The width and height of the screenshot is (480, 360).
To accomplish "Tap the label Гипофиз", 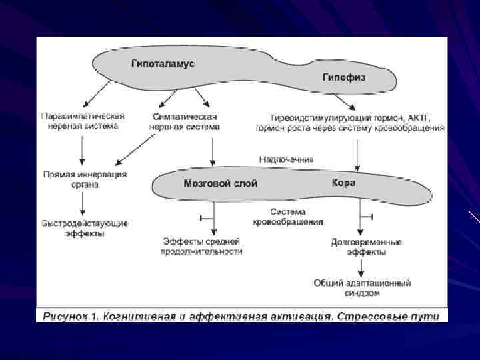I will pyautogui.click(x=343, y=77).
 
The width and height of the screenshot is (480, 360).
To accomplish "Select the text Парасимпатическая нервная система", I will pyautogui.click(x=83, y=121).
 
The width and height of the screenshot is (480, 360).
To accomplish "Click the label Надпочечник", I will pyautogui.click(x=286, y=160).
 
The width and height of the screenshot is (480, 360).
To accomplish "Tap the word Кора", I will pyautogui.click(x=343, y=182).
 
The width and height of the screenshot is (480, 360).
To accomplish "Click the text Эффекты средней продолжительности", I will pyautogui.click(x=202, y=246).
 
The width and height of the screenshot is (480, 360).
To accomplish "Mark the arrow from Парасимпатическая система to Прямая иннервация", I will pyautogui.click(x=81, y=149).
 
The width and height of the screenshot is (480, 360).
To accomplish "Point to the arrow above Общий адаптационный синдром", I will pyautogui.click(x=361, y=267).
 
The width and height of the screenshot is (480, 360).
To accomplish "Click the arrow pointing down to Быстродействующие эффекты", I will pyautogui.click(x=81, y=203).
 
